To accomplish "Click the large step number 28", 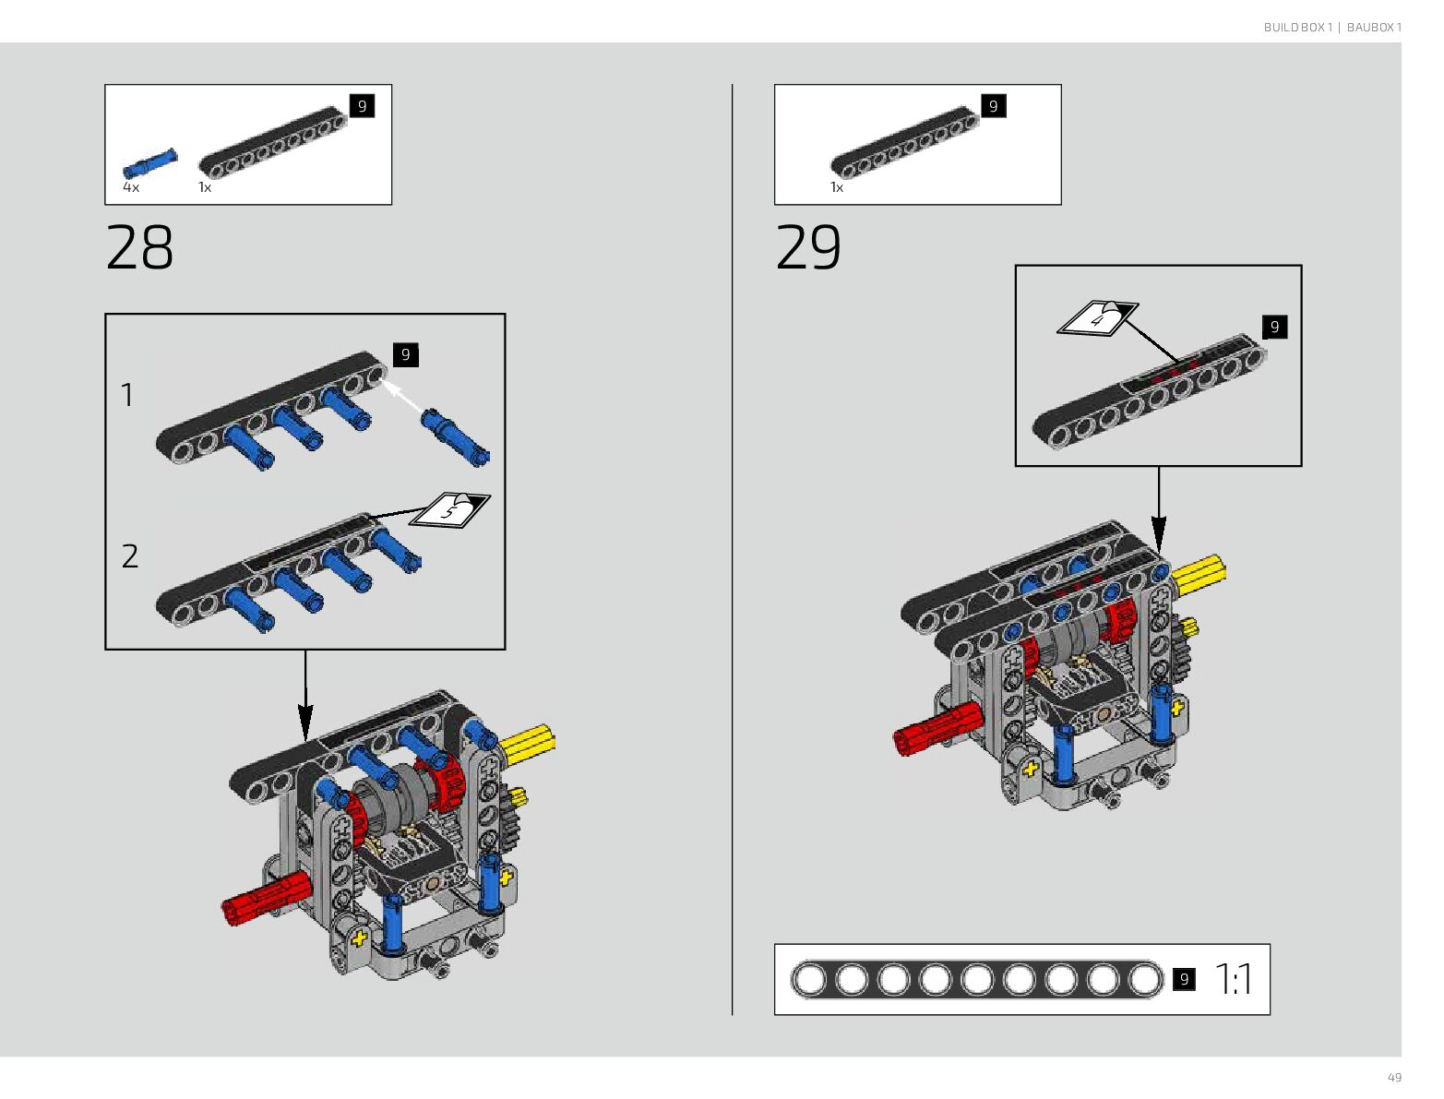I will click(x=139, y=247).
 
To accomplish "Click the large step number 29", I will click(x=808, y=247).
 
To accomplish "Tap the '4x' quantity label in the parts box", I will click(x=131, y=187).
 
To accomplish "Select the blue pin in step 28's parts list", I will click(x=149, y=162).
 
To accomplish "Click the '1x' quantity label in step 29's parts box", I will click(x=837, y=187).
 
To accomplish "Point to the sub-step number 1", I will click(x=127, y=395).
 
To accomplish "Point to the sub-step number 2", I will click(x=130, y=555).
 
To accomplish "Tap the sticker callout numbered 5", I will click(x=450, y=508).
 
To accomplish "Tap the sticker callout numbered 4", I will click(x=1097, y=318).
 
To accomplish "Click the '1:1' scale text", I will click(x=1234, y=979).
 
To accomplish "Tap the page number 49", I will click(x=1394, y=1078).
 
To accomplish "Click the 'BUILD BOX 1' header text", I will click(x=1297, y=28).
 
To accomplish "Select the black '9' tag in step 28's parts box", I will click(x=362, y=106).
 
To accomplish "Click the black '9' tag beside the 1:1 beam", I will click(x=1184, y=979).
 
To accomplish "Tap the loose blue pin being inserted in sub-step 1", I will click(x=455, y=436).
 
